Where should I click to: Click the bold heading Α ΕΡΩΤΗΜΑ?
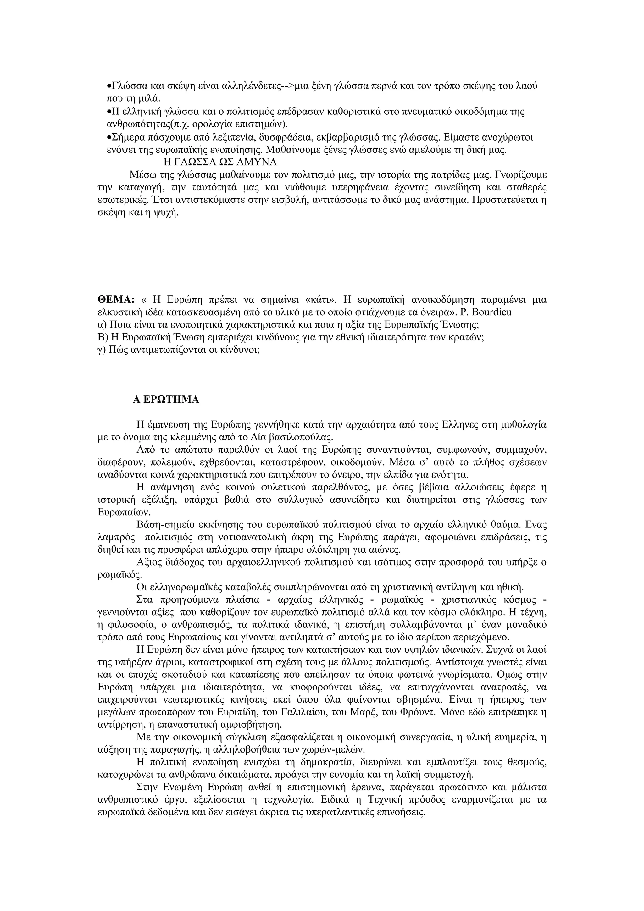click(166, 400)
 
